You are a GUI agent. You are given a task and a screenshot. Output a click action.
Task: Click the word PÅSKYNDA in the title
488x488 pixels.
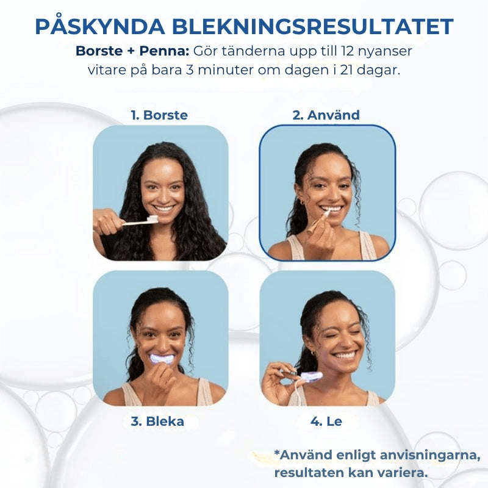100,26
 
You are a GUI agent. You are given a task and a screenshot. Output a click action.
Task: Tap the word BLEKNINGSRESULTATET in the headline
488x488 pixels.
312,27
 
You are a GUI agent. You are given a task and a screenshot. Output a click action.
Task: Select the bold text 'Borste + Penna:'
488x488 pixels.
132,51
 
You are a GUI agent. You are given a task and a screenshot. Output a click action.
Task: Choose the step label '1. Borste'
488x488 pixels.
159,115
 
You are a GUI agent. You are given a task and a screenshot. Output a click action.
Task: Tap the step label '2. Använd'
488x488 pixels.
326,115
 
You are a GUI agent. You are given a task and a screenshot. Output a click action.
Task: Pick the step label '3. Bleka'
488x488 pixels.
157,422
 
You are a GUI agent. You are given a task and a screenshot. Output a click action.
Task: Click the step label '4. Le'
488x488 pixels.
326,422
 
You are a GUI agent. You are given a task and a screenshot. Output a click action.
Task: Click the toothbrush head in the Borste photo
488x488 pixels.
153,219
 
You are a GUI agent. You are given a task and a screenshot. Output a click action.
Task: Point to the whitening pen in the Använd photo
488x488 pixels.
318,222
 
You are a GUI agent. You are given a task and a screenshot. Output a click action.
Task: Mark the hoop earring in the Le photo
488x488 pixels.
312,353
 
